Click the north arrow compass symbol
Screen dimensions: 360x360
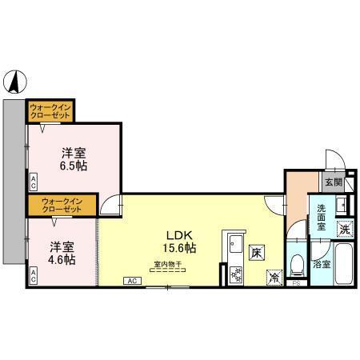[17, 80]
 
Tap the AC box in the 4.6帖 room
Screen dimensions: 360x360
[34, 274]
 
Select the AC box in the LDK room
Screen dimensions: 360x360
[133, 281]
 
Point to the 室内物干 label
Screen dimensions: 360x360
[168, 264]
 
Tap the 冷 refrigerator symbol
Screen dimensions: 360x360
[274, 277]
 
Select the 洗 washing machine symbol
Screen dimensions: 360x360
[344, 228]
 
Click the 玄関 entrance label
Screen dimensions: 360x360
[334, 182]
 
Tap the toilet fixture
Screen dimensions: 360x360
[297, 263]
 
